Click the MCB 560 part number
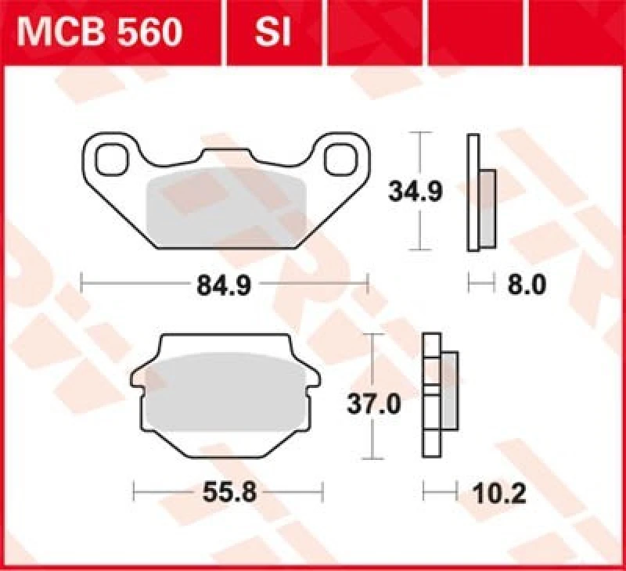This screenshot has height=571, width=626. tap(100, 33)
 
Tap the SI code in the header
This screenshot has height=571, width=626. tap(273, 33)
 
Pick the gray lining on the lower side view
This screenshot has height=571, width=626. tap(449, 391)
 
